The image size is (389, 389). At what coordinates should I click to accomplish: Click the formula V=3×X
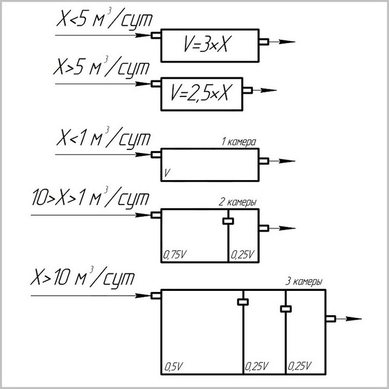(206, 45)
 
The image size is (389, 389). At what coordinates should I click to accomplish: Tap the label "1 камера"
(239, 142)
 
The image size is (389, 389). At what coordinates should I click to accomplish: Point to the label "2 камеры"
(237, 202)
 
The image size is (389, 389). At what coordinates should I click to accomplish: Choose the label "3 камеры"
(304, 282)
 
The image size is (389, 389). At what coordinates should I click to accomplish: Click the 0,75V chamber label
(175, 255)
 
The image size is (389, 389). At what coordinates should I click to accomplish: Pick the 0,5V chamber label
(174, 366)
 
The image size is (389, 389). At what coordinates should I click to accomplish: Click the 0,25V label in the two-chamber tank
(242, 255)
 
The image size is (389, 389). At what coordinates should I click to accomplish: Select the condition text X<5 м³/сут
(105, 19)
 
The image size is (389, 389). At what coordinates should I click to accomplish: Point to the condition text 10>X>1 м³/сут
(91, 197)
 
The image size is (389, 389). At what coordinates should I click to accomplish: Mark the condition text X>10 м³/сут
(83, 277)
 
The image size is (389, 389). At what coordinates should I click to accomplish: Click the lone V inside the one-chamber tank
(167, 172)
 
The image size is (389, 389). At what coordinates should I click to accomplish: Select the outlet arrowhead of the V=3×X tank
(287, 42)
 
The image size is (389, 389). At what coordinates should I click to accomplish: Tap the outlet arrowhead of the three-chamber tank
(353, 319)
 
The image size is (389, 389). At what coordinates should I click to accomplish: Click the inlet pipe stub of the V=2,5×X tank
(156, 84)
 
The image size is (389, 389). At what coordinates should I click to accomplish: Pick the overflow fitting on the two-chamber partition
(228, 221)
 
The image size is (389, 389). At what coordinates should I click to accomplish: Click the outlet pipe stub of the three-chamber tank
(331, 319)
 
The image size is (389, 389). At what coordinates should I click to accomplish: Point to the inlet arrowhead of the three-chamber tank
(143, 296)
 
